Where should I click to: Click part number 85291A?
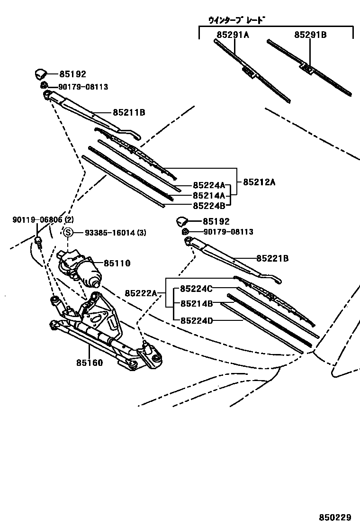pyautogui.click(x=233, y=35)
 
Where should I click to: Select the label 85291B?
pyautogui.click(x=311, y=35)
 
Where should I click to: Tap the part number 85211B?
pyautogui.click(x=129, y=113)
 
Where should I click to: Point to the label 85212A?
pyautogui.click(x=259, y=182)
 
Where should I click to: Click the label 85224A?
pyautogui.click(x=209, y=186)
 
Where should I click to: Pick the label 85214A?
pyautogui.click(x=209, y=195)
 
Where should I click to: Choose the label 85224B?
pyautogui.click(x=209, y=205)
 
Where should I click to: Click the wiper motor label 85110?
pyautogui.click(x=117, y=263)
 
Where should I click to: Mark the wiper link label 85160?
pyautogui.click(x=90, y=363)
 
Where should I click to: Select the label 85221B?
pyautogui.click(x=273, y=259)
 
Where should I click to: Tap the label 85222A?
pyautogui.click(x=141, y=293)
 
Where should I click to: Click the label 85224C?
pyautogui.click(x=197, y=289)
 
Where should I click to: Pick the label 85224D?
pyautogui.click(x=197, y=320)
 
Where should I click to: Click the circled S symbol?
pyautogui.click(x=68, y=232)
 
